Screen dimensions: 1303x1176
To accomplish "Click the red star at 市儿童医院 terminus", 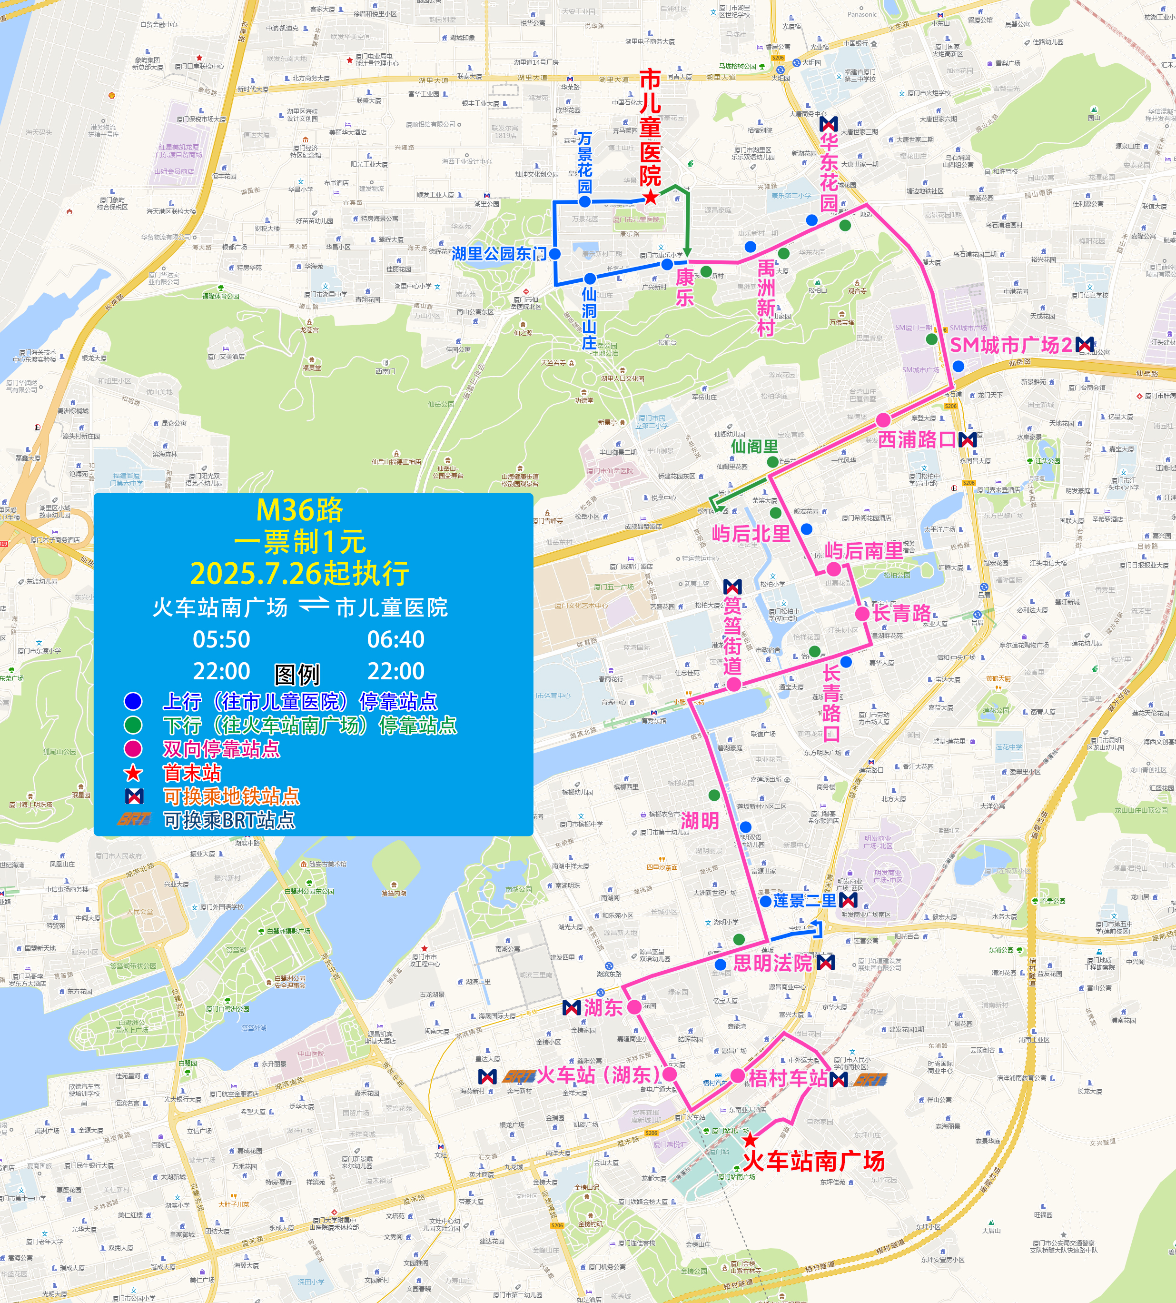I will coord(651,198).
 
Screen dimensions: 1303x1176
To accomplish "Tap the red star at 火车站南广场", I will coord(750,1140).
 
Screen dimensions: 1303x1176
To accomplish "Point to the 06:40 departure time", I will coord(395,640).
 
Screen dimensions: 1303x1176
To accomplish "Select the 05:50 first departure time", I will coord(221,640).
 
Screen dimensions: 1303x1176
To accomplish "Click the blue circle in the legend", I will coord(133,701).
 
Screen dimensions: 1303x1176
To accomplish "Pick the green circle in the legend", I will coord(133,725).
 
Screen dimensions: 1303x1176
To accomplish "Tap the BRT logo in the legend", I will coord(134,819).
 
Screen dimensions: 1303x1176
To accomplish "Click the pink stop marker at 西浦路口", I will coord(883,420).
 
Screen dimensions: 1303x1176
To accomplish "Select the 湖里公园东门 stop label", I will coord(499,253).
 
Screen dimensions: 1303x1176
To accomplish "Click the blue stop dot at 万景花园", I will coord(585,202).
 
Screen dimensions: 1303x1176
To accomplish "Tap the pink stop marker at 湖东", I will coord(634,1007).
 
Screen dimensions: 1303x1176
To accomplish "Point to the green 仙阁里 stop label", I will coord(754,447).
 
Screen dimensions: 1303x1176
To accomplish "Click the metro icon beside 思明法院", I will coord(825,963).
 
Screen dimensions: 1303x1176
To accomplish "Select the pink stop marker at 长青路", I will coord(862,613).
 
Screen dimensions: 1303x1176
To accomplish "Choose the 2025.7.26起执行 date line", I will coord(300,573).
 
